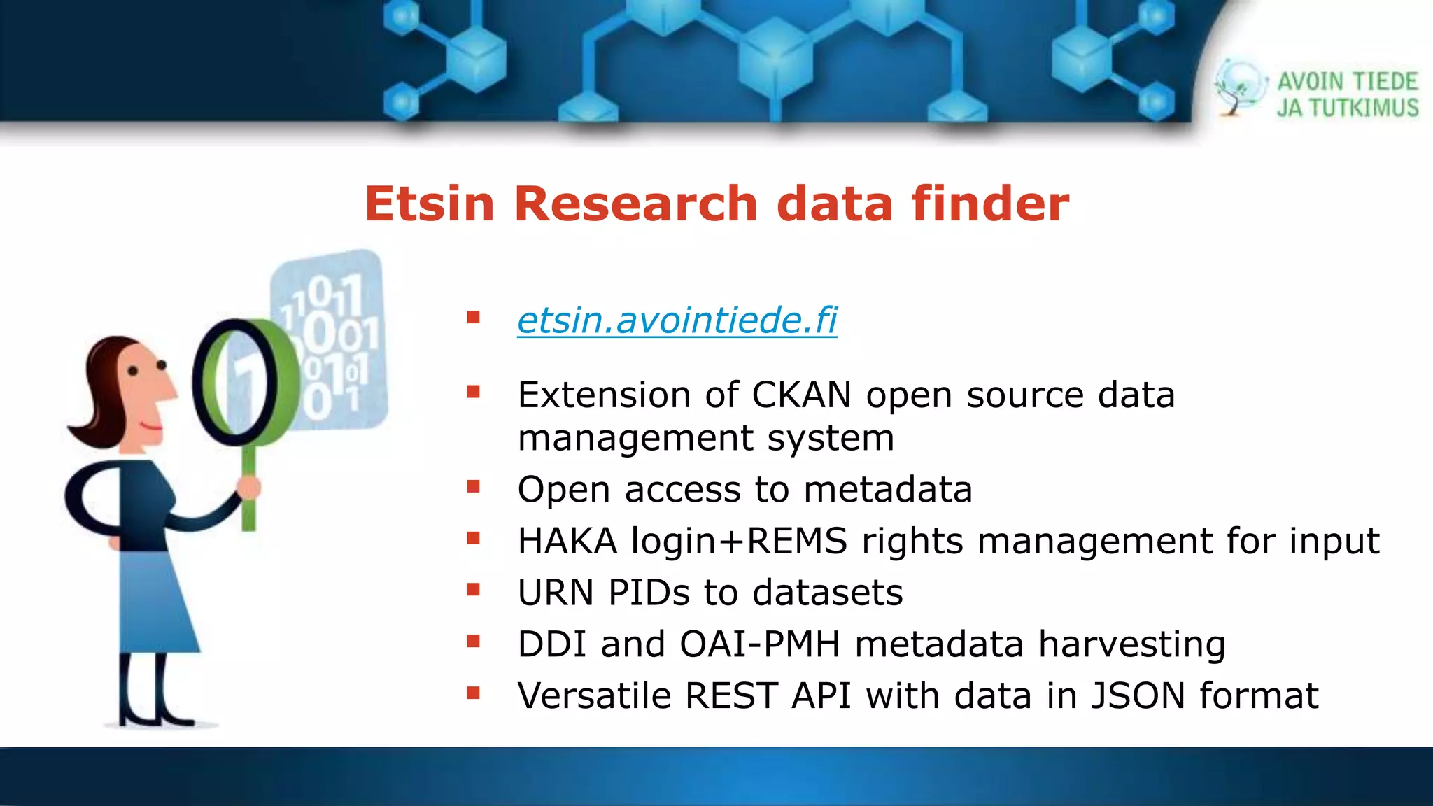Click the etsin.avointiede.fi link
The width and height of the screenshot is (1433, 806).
pos(677,320)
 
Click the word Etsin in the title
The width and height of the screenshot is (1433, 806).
pos(429,204)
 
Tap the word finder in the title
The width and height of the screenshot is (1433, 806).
pos(989,204)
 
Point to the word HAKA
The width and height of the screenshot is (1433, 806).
pos(567,542)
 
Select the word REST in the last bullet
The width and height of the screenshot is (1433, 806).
pos(730,696)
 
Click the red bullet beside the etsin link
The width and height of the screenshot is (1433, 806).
pos(474,318)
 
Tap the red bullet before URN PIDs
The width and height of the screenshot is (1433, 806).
pos(474,591)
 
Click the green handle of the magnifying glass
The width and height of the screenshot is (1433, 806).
pos(248,490)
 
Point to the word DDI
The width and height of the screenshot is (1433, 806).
pos(551,644)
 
